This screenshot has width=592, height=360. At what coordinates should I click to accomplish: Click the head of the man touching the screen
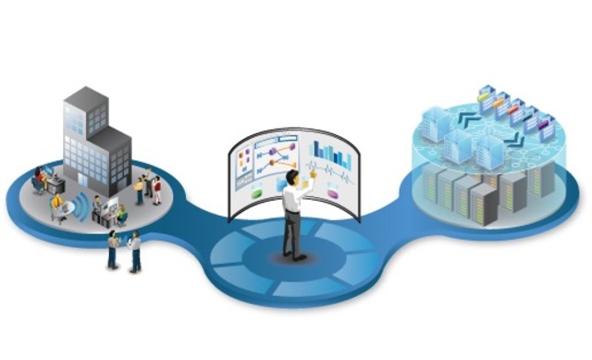click(292, 177)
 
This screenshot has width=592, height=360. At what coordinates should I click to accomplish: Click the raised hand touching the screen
click(313, 175)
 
